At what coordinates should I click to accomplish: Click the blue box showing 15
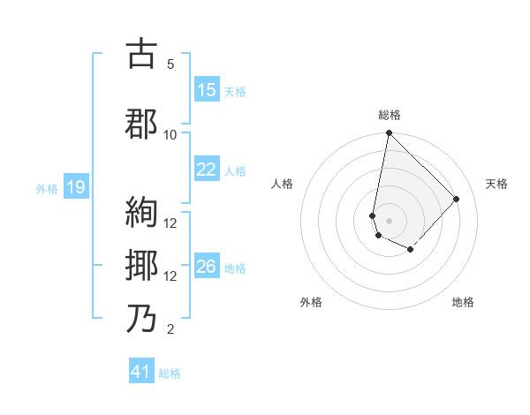[207, 90]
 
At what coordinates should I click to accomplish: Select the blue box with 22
[207, 170]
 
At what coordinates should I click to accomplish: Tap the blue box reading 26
[207, 268]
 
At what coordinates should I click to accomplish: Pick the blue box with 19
[76, 186]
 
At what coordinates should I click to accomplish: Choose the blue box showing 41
[141, 372]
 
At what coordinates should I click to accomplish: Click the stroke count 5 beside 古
[170, 64]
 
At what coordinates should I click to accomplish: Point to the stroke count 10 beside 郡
[170, 134]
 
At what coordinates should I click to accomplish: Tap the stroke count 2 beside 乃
[170, 329]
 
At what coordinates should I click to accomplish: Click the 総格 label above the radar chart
[390, 115]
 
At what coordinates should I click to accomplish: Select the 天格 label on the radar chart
[497, 184]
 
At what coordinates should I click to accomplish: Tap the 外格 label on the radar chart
[311, 302]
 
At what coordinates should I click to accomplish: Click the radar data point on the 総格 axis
[389, 133]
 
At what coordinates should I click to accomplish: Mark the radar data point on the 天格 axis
[457, 199]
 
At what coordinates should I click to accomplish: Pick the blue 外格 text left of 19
[46, 187]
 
